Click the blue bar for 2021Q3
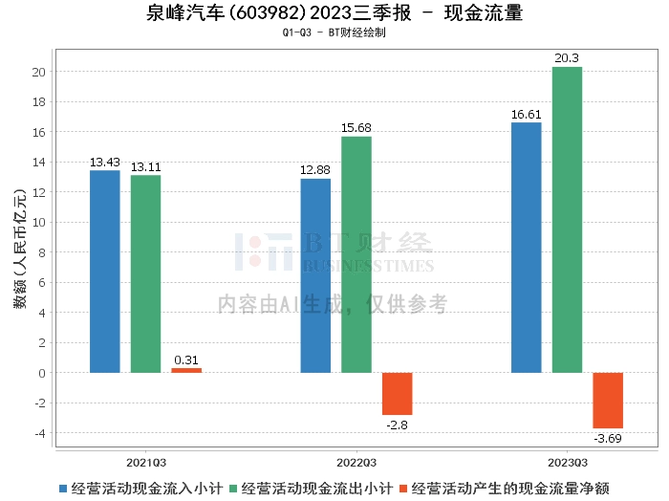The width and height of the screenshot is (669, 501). [105, 272]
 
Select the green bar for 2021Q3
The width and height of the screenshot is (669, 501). [146, 274]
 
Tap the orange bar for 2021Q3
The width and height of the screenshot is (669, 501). [186, 370]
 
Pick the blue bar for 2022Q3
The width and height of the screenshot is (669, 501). [315, 275]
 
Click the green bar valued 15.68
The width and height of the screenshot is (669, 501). [356, 254]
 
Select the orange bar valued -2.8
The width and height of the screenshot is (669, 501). [398, 394]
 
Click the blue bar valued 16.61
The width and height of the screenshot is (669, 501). [527, 248]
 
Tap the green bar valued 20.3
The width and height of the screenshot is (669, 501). [568, 220]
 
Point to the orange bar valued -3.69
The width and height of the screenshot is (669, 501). [608, 401]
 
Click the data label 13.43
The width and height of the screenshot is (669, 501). [105, 163]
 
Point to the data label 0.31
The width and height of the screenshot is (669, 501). [186, 360]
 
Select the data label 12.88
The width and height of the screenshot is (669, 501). [315, 171]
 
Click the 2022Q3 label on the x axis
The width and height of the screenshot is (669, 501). [356, 460]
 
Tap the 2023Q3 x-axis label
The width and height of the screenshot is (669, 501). [567, 460]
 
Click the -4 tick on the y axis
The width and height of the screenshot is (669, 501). [38, 433]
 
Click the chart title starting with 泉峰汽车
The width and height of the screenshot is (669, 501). [334, 13]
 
